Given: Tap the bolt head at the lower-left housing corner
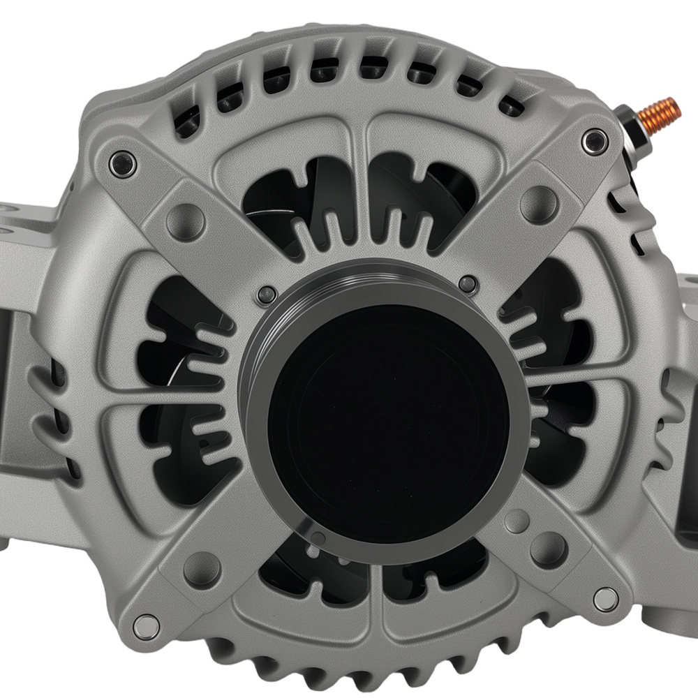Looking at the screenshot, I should [146, 625].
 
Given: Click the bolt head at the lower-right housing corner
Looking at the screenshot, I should [604, 599].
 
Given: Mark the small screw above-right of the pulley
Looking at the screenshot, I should [468, 283].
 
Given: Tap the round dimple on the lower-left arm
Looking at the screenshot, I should [202, 569].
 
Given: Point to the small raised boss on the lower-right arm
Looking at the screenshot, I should [517, 521].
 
